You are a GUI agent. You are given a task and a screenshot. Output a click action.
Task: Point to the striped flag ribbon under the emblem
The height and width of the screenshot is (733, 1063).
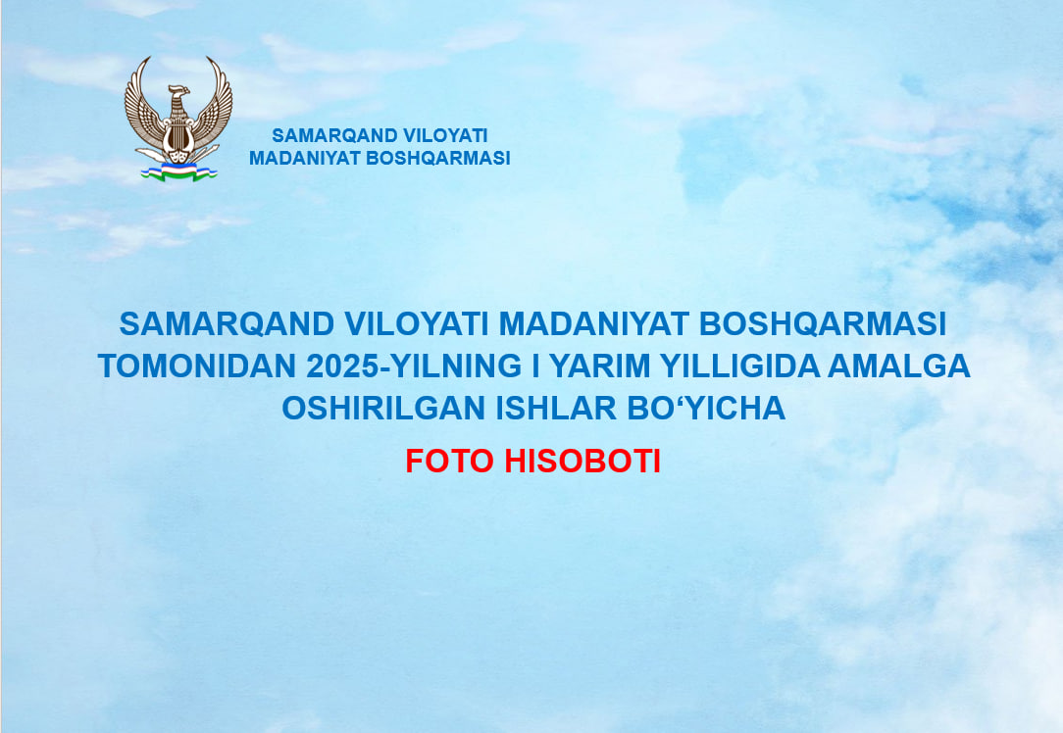pos(177,173)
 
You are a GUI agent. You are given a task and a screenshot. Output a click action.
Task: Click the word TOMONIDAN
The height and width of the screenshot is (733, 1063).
pos(196,366)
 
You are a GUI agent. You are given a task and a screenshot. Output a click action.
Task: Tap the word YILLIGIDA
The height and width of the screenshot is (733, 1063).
pos(738,366)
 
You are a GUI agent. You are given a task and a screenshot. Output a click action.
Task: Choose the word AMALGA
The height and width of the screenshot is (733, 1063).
pos(899,366)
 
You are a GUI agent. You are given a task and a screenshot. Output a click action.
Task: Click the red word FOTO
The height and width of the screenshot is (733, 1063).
pos(449,461)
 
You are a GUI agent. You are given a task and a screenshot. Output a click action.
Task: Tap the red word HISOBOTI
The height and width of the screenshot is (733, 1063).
pos(582,461)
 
